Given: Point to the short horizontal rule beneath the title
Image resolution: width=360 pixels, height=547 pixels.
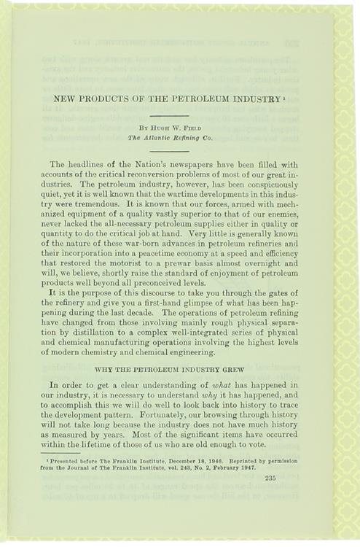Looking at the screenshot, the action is [x=169, y=114].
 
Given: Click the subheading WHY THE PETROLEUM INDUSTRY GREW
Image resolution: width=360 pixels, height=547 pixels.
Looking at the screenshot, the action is [x=169, y=370].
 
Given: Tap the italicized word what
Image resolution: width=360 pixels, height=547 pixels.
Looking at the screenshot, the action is [x=229, y=384].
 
